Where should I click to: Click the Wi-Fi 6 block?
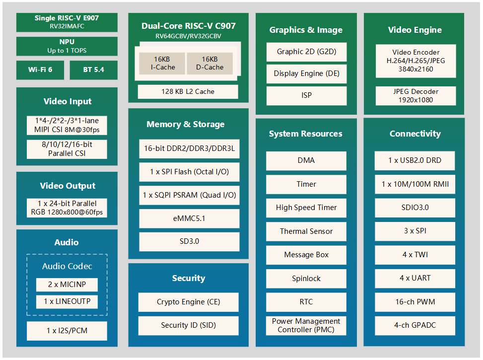[40, 70]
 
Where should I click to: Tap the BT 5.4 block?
[94, 70]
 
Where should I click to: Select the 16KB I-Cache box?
[162, 63]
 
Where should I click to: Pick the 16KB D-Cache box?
[210, 63]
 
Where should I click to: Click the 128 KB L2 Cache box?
[188, 91]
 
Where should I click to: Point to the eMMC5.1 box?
[189, 218]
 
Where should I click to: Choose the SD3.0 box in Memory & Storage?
[189, 242]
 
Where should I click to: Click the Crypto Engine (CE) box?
[188, 302]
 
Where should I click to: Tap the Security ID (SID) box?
[188, 325]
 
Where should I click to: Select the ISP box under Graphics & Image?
[306, 95]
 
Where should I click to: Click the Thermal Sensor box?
[306, 231]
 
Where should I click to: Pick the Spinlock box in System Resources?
[306, 279]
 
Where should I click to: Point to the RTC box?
[306, 302]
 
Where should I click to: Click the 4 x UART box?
[415, 279]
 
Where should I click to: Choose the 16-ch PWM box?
[415, 302]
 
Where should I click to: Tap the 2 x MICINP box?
[67, 285]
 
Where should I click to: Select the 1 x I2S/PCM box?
[67, 331]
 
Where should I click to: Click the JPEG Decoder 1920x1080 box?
[415, 96]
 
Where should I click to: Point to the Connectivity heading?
[415, 134]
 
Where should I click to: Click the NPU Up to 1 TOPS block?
[67, 46]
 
